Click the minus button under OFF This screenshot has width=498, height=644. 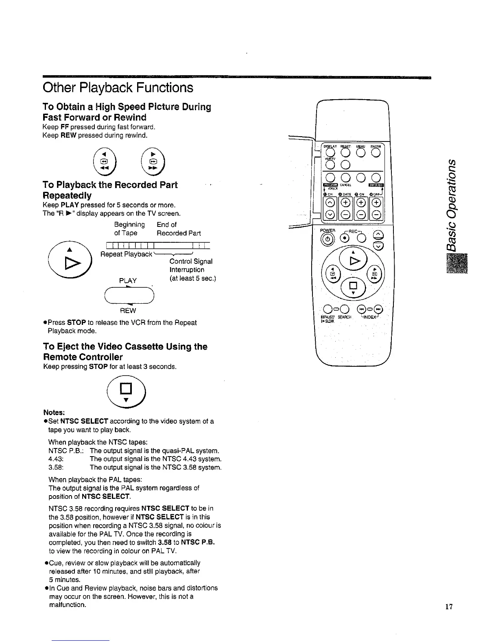click(x=377, y=215)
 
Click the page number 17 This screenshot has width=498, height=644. click(x=449, y=607)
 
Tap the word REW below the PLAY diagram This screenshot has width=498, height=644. click(x=128, y=311)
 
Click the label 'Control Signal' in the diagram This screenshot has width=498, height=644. click(x=190, y=261)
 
